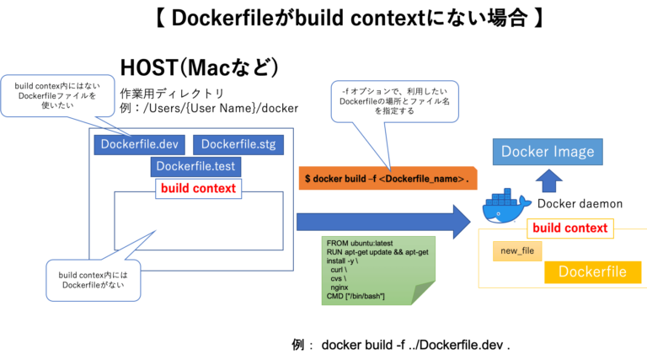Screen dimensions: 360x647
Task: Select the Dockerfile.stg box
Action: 238,144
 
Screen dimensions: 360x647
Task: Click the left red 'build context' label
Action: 198,188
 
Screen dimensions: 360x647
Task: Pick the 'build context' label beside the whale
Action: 569,228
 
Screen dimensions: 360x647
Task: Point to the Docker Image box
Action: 548,153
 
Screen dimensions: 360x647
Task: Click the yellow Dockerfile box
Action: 591,271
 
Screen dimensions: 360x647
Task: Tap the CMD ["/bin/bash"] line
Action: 355,297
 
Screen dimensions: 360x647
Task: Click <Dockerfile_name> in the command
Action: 421,181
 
